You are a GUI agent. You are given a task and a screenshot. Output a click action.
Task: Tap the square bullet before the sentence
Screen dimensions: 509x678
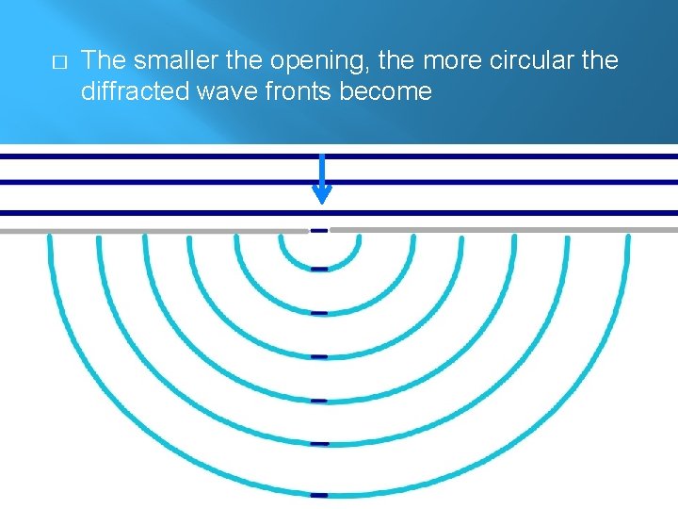tap(58, 62)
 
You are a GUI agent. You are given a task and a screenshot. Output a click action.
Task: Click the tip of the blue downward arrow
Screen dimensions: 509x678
tap(321, 200)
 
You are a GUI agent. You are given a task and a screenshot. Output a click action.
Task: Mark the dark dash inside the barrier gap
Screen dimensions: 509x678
tap(319, 230)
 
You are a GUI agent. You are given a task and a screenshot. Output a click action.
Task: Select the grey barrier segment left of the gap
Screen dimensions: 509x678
tap(151, 230)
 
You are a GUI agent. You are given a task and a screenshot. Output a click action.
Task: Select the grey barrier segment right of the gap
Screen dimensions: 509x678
tap(504, 230)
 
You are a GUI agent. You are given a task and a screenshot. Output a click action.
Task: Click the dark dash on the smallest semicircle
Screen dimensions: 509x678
tap(319, 269)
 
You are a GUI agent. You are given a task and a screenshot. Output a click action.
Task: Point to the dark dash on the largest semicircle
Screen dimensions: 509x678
tap(319, 494)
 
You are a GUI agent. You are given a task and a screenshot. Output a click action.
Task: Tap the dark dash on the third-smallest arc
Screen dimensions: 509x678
tap(319, 356)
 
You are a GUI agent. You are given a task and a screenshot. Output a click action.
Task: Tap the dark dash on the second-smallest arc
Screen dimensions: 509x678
tap(319, 312)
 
